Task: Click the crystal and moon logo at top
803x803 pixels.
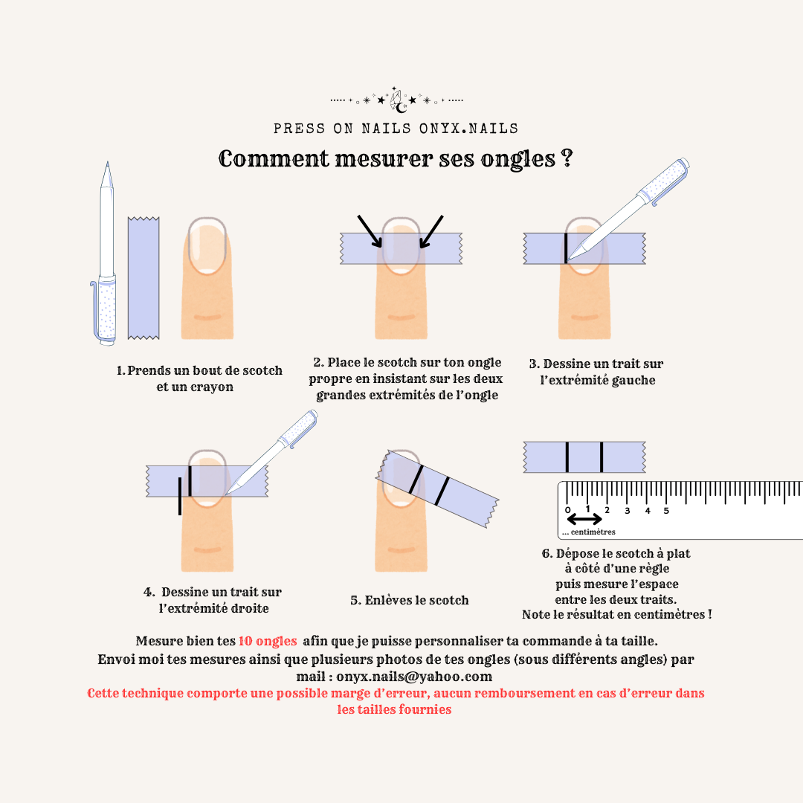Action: coord(399,100)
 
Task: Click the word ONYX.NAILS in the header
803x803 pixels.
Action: coord(468,129)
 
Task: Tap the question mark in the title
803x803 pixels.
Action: coord(567,158)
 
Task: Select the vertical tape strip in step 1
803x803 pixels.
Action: coord(143,278)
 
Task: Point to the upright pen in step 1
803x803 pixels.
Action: coord(105,254)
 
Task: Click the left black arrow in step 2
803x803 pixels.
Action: coord(370,231)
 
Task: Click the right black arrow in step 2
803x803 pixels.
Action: coord(431,231)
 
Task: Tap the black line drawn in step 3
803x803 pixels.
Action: coord(566,248)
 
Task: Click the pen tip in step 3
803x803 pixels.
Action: coord(570,257)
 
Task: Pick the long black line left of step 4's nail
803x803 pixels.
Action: coord(180,496)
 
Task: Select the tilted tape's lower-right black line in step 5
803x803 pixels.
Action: coord(442,491)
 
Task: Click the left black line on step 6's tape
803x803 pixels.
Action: coord(567,457)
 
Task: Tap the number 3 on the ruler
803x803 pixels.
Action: coord(628,511)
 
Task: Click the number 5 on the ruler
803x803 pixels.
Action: coord(666,511)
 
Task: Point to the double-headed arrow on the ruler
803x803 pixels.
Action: coord(585,519)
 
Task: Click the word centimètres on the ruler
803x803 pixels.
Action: coord(593,532)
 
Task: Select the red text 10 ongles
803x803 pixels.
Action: coord(268,641)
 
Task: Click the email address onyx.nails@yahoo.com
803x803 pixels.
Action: coord(414,677)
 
